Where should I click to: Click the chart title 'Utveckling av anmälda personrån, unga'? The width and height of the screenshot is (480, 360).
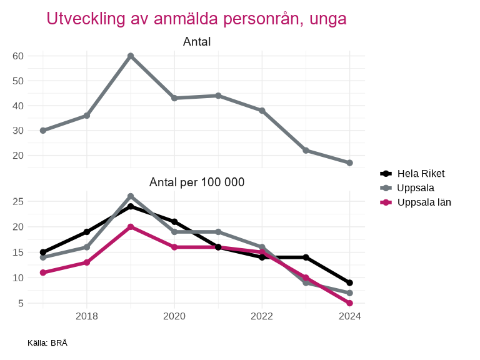(x=196, y=19)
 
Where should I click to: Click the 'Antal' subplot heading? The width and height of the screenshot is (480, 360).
(x=197, y=42)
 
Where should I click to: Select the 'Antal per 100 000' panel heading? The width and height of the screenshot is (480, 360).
(x=197, y=182)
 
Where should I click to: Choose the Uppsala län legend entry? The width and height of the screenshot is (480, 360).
(x=424, y=202)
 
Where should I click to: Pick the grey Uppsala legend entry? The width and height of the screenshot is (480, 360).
(x=416, y=187)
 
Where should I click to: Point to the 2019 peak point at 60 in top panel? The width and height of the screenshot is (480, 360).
(x=131, y=56)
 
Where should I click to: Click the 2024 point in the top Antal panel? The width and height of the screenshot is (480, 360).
(x=349, y=163)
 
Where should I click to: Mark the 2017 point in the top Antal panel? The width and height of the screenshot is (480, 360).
(x=43, y=131)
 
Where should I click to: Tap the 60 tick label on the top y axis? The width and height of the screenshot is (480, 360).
(x=18, y=56)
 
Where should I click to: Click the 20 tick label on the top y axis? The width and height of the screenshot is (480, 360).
(x=18, y=156)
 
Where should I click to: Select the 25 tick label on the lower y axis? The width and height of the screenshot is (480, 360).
(x=18, y=201)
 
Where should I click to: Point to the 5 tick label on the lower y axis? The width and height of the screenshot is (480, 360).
(x=21, y=303)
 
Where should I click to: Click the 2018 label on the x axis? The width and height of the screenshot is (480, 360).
(x=87, y=316)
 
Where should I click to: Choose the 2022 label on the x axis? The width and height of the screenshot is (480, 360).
(x=262, y=316)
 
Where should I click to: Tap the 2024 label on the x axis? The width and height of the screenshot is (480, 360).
(x=349, y=316)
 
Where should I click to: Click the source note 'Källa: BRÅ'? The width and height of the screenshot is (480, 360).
(x=47, y=343)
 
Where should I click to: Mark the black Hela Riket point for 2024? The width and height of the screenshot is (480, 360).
(x=349, y=283)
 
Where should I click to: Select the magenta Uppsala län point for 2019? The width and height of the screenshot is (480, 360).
(x=131, y=227)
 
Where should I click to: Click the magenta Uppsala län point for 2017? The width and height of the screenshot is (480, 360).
(x=43, y=272)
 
